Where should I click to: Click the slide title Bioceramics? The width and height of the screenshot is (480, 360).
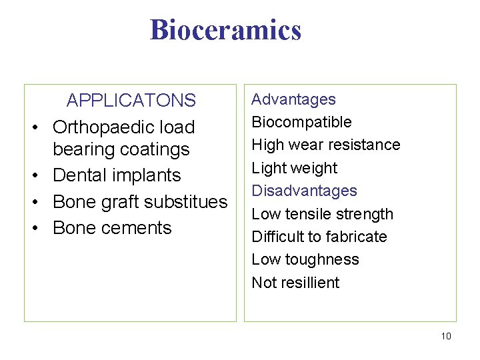pyautogui.click(x=225, y=30)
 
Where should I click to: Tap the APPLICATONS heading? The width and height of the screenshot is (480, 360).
pyautogui.click(x=131, y=101)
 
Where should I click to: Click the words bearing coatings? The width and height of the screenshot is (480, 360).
pyautogui.click(x=121, y=149)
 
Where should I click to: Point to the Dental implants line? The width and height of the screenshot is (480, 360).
pyautogui.click(x=117, y=175)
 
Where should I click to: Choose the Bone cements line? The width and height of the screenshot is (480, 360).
pyautogui.click(x=112, y=227)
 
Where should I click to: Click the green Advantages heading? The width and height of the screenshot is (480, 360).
pyautogui.click(x=293, y=99)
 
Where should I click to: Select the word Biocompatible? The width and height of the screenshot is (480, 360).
pyautogui.click(x=301, y=122)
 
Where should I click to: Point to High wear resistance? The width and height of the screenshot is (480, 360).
pyautogui.click(x=325, y=145)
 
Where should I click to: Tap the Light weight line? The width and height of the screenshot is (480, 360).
pyautogui.click(x=294, y=168)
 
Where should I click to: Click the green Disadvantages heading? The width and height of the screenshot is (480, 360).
pyautogui.click(x=304, y=191)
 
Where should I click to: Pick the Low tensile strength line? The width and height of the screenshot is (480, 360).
pyautogui.click(x=322, y=214)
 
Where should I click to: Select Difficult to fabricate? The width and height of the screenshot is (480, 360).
pyautogui.click(x=319, y=237)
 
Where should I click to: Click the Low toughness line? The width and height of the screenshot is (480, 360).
pyautogui.click(x=305, y=259)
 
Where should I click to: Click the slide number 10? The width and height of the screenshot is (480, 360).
pyautogui.click(x=446, y=336)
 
